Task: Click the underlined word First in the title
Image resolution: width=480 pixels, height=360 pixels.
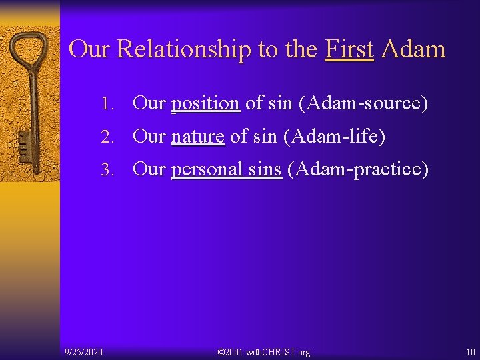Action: click(349, 49)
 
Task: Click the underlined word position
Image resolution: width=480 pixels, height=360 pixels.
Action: click(205, 103)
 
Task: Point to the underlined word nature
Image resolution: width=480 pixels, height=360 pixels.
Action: click(197, 137)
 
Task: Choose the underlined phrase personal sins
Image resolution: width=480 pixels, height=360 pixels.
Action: click(227, 169)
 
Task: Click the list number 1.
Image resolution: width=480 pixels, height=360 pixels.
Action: click(107, 104)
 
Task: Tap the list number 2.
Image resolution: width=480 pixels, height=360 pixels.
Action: click(107, 137)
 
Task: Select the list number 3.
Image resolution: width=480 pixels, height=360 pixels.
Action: click(107, 170)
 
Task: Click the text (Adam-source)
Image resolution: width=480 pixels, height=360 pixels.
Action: click(363, 103)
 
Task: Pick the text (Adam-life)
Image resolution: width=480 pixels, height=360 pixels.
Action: click(335, 137)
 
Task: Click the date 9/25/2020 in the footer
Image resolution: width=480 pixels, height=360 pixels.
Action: click(83, 351)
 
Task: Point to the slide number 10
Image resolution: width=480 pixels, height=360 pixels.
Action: click(471, 351)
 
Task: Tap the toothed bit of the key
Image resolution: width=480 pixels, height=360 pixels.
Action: click(23, 147)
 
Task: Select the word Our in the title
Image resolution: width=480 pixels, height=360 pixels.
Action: click(90, 49)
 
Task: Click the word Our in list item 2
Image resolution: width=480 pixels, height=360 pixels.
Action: click(149, 137)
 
